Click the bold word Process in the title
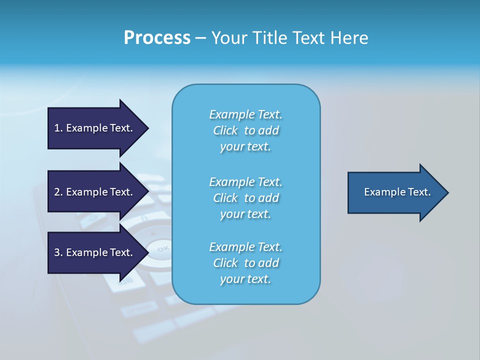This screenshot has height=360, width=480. click(157, 38)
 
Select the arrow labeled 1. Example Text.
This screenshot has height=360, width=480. click(95, 128)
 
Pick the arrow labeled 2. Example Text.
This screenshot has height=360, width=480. click(95, 192)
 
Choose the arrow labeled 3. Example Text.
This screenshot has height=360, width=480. click(95, 252)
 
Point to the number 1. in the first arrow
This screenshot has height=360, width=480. click(58, 128)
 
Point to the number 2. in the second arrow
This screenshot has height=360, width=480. click(58, 192)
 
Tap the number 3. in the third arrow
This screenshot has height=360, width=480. click(58, 252)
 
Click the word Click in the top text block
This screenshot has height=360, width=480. click(225, 130)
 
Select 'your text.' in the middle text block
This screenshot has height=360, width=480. click(245, 214)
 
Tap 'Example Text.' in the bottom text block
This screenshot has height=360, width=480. click(245, 247)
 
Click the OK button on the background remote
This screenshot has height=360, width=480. click(162, 248)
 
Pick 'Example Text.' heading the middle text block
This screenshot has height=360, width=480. click(245, 181)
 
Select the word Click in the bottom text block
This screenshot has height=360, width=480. click(225, 263)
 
